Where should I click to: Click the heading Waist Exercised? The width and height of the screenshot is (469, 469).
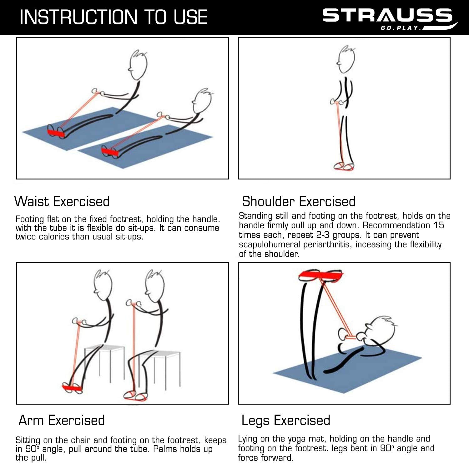(62, 201)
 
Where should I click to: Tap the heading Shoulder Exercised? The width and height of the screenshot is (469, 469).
(299, 201)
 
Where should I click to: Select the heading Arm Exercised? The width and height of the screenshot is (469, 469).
(62, 420)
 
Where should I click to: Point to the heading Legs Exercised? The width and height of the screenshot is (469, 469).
(286, 421)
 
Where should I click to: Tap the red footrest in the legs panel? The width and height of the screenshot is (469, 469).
(321, 275)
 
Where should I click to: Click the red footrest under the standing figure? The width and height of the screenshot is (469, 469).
(344, 168)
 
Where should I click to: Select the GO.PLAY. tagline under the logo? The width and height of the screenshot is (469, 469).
(400, 28)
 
